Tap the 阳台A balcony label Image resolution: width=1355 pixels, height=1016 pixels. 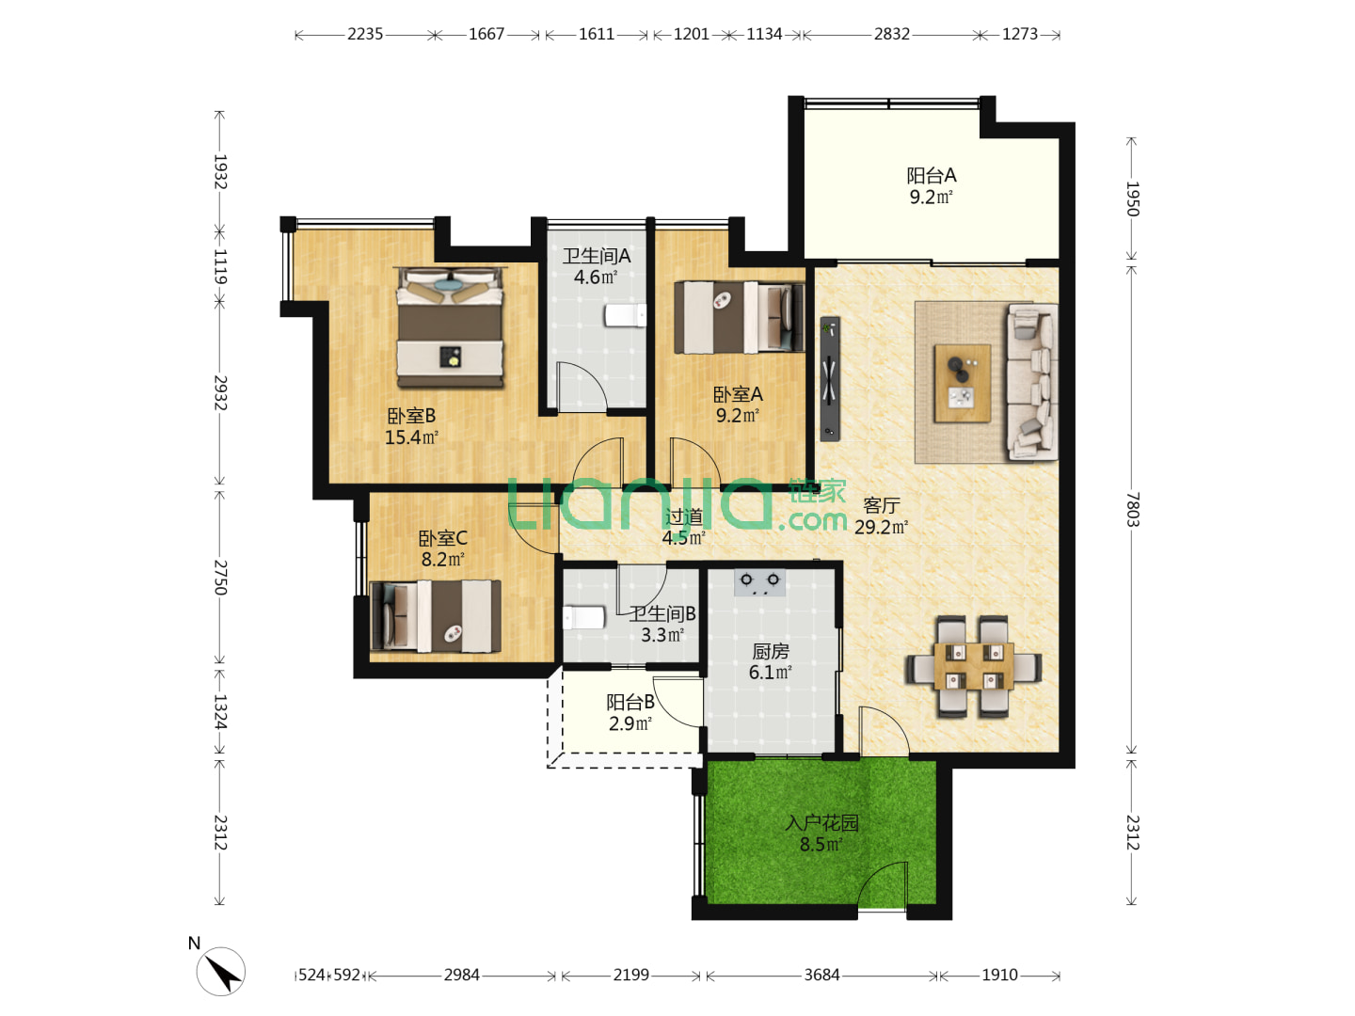coord(931,176)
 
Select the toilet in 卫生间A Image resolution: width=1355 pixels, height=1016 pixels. coord(626,315)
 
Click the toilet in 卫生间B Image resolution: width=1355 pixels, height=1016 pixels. coord(583,617)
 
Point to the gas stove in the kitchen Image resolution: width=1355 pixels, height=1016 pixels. coord(759,581)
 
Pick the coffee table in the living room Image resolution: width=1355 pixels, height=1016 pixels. coord(962,383)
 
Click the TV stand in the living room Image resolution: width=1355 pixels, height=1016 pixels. coord(830,379)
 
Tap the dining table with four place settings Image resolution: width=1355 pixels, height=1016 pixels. coord(974,666)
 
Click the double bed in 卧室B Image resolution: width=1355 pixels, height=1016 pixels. coord(450,327)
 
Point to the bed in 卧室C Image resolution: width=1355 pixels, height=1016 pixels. coord(436,615)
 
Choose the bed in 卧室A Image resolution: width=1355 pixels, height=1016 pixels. coord(739,318)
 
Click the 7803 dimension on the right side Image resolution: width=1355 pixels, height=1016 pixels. coord(1132,509)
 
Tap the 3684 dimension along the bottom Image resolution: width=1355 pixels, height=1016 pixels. coord(821,975)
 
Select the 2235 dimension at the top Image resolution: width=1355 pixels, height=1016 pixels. coord(365,34)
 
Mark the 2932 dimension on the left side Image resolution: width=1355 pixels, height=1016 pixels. coord(220,392)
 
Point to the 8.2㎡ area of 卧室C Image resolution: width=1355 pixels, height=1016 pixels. coord(442,560)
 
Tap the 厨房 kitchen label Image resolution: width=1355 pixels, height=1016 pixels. coord(771,651)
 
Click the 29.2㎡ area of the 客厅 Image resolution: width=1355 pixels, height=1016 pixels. coord(881,527)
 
